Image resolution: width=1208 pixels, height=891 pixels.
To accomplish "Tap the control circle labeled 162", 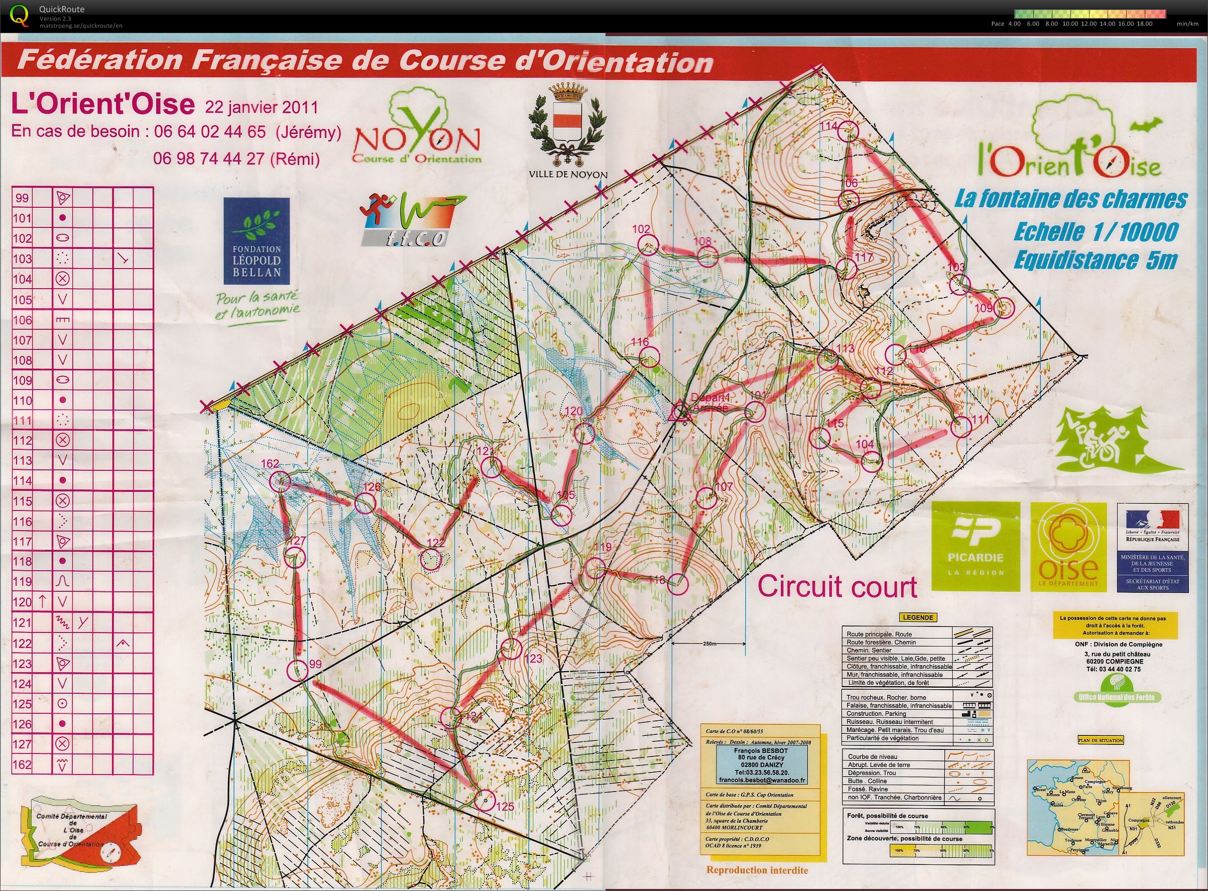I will (x=280, y=481).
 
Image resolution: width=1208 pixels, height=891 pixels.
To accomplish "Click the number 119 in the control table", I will (x=23, y=581).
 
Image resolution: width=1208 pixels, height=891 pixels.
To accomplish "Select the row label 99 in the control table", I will (x=23, y=198).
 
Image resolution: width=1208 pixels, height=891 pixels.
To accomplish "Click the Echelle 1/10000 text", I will (x=1095, y=232).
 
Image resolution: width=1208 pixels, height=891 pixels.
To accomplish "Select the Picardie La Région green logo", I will (x=976, y=546).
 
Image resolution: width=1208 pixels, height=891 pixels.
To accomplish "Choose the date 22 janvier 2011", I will (x=261, y=107).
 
